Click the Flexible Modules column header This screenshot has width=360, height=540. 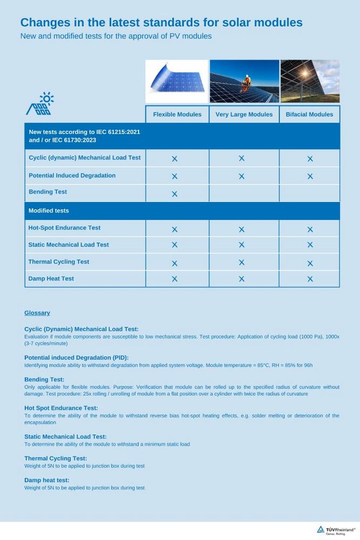pos(177,114)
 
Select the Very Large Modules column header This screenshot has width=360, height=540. pos(244,114)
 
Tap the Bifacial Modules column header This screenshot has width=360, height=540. pos(309,114)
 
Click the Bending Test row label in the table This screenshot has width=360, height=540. pos(48,192)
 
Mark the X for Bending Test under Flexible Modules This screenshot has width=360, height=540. pos(174,194)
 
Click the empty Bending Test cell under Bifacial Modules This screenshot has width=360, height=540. pos(309,193)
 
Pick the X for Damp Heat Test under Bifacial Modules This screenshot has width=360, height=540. pos(310,279)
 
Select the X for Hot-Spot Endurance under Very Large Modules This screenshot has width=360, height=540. pos(241,230)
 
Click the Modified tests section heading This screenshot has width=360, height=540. pos(49,211)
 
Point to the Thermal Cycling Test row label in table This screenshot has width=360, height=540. pos(59,262)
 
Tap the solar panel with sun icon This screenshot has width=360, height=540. pos(40,104)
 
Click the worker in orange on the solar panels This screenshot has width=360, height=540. pos(247,83)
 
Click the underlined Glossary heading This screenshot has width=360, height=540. pos(37,313)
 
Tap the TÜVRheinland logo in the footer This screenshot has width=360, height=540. pos(336,530)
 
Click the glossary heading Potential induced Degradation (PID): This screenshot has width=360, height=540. pos(77,357)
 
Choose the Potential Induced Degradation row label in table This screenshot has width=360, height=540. pos(72,175)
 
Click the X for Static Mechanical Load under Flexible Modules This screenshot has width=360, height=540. pos(174,245)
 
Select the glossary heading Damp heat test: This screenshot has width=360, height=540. pos(47,480)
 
